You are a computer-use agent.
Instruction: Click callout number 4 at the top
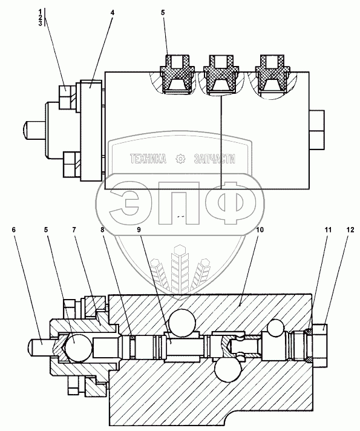point(113,13)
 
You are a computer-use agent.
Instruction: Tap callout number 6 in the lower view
point(14,229)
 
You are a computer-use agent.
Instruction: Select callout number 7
point(74,229)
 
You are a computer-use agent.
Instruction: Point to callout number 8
point(102,229)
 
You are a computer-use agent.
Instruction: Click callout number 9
point(139,229)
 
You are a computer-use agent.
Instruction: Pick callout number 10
point(260,229)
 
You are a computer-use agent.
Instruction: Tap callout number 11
point(328,229)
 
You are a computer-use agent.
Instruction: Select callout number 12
point(350,229)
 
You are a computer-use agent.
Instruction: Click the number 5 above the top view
point(163,13)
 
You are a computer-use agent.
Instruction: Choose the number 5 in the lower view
point(46,229)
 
